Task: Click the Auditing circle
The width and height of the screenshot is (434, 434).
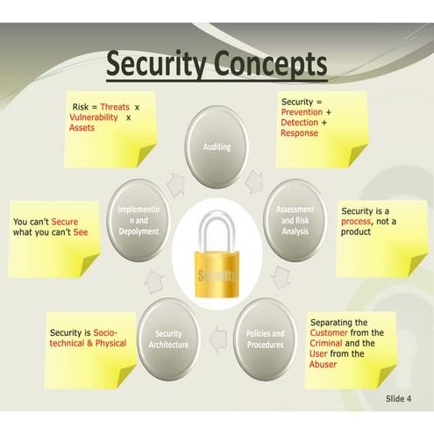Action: [216, 146]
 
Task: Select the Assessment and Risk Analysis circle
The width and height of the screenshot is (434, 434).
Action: [295, 220]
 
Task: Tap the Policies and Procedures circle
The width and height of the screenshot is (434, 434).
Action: [266, 338]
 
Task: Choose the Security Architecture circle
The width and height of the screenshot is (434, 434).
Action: [168, 338]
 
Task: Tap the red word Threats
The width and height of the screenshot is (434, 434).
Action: [114, 107]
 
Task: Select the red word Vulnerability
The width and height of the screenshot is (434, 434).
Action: [95, 117]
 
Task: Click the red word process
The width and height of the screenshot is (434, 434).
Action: [359, 222]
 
